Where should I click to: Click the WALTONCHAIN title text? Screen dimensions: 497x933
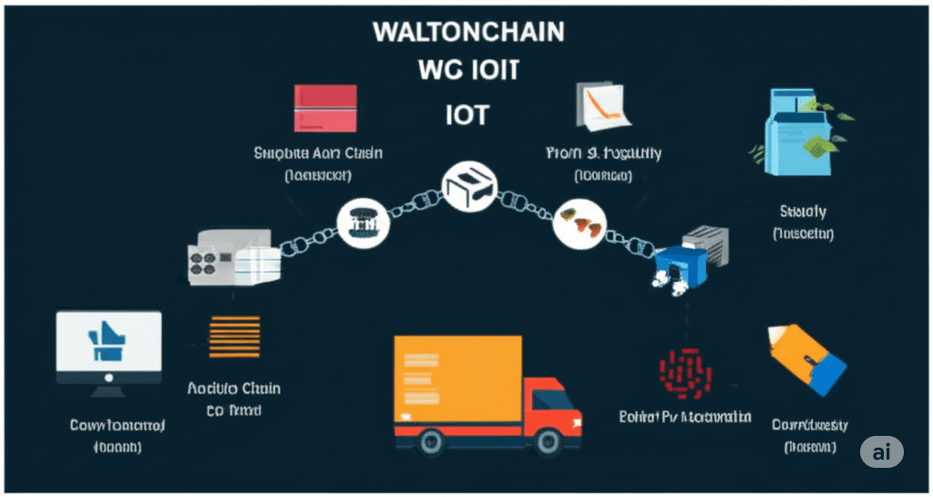(x=468, y=32)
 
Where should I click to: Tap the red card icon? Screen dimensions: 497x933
(x=325, y=109)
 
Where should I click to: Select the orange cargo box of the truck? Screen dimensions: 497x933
(x=458, y=380)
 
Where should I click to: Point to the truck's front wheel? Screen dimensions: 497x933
(x=548, y=441)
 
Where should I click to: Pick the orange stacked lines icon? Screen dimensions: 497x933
(x=234, y=337)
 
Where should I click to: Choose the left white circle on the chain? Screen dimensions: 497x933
(x=363, y=222)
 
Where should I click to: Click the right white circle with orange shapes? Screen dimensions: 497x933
(x=579, y=223)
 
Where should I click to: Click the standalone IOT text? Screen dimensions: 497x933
(x=468, y=115)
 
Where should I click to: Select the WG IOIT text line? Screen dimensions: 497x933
(x=468, y=72)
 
